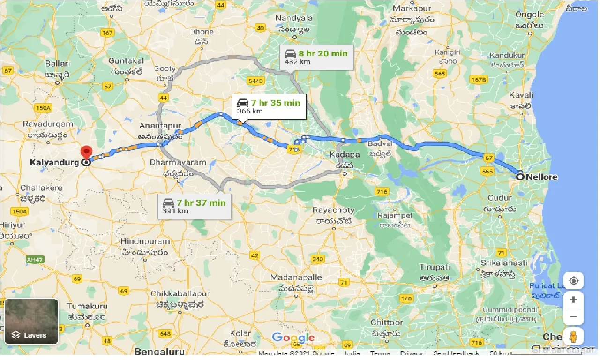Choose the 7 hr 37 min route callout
pyautogui.click(x=194, y=206)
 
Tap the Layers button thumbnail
pyautogui.click(x=31, y=321)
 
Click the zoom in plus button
pyautogui.click(x=574, y=300)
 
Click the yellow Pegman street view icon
pyautogui.click(x=574, y=336)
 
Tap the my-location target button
pyautogui.click(x=574, y=281)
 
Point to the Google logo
pyautogui.click(x=293, y=337)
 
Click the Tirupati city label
pyautogui.click(x=435, y=267)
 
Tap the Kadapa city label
pyautogui.click(x=344, y=154)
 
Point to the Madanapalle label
pyautogui.click(x=296, y=277)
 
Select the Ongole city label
pyautogui.click(x=530, y=15)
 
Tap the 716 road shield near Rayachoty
pyautogui.click(x=382, y=191)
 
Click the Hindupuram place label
pyautogui.click(x=145, y=241)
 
